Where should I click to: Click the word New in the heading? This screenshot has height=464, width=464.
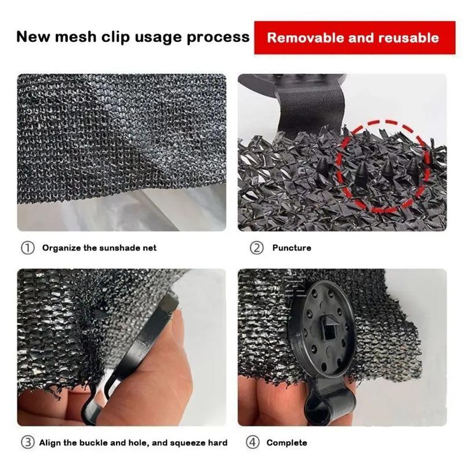coord(31,38)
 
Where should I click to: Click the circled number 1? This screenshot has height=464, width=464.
coord(28,248)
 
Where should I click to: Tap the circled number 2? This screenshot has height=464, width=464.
coord(256,248)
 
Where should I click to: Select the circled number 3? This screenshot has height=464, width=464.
coord(28,443)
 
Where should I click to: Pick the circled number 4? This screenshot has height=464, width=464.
coord(253,443)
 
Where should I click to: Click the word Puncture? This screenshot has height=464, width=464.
coord(292,248)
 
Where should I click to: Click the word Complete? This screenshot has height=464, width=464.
coord(287,443)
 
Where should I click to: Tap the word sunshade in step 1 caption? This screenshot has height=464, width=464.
coord(107,248)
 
